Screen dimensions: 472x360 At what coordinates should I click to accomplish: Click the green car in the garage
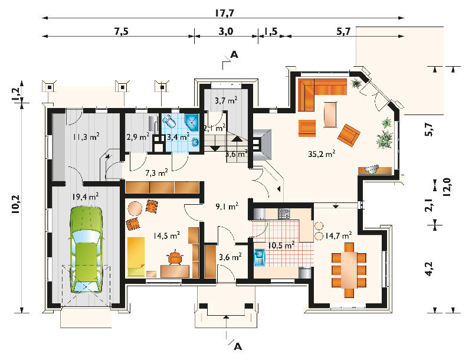[x=86, y=250]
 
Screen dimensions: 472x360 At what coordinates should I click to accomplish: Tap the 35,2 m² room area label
[x=322, y=154]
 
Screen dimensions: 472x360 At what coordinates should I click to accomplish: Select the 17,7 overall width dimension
[x=224, y=13]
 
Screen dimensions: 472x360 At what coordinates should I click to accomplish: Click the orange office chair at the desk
[x=175, y=257]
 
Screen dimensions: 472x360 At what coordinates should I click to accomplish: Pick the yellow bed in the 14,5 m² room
[x=136, y=257]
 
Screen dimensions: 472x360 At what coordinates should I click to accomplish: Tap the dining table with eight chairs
[x=349, y=270]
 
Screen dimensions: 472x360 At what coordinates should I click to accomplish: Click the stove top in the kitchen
[x=284, y=214]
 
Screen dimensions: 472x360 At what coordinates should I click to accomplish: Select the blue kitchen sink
[x=259, y=258]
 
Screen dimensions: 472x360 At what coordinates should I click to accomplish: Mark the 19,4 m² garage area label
[x=85, y=197]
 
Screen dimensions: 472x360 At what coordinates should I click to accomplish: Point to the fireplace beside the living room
[x=262, y=145]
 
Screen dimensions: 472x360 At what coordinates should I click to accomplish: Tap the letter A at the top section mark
[x=234, y=55]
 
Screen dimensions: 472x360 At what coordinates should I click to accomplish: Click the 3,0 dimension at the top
[x=226, y=31]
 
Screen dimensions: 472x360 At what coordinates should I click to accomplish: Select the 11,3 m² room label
[x=86, y=137]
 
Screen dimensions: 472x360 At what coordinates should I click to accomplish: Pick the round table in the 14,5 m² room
[x=135, y=208]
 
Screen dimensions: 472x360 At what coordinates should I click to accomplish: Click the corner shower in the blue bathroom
[x=192, y=123]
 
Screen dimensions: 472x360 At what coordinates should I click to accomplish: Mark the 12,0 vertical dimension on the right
[x=447, y=187]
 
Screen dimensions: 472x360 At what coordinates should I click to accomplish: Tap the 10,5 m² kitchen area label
[x=281, y=246]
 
